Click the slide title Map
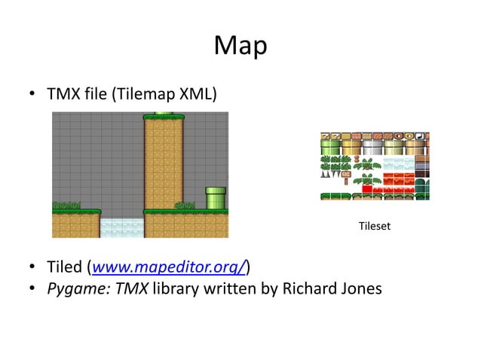[x=240, y=47]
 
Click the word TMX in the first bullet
[x=64, y=95]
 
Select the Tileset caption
[x=374, y=225]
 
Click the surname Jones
[x=359, y=288]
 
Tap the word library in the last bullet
[x=175, y=288]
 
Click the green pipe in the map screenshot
[x=216, y=197]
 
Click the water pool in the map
[x=121, y=228]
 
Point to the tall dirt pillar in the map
[x=164, y=162]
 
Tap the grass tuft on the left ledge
[x=66, y=205]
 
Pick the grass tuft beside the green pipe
[x=185, y=205]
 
